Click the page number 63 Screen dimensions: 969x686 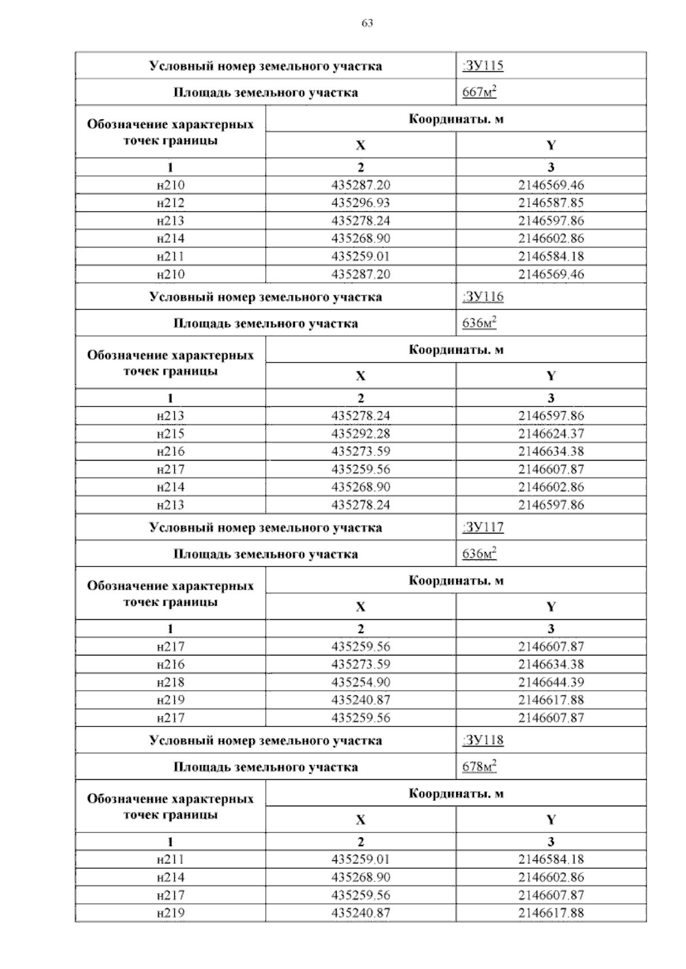click(368, 23)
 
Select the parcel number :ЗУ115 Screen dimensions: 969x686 click(482, 66)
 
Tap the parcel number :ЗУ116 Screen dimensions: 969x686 click(482, 297)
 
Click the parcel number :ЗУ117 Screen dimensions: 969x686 click(482, 527)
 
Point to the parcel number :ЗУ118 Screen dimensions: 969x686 click(482, 740)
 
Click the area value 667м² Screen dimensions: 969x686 click(479, 92)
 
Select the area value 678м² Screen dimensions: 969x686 click(479, 766)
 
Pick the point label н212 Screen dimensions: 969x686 click(170, 203)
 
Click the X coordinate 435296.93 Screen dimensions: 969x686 click(361, 203)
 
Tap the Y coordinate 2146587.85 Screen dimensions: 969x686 click(551, 203)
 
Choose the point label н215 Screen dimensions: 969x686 click(170, 434)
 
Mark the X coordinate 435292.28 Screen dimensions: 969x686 click(361, 434)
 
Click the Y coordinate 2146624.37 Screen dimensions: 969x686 click(551, 434)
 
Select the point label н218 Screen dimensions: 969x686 click(170, 682)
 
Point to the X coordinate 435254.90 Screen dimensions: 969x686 click(361, 682)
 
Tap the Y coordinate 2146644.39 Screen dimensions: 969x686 click(551, 682)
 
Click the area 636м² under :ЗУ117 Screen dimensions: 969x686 click(479, 554)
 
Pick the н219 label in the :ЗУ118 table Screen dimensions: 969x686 click(170, 913)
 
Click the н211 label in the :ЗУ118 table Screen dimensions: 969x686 click(170, 859)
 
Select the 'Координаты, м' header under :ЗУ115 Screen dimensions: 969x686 click(456, 119)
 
